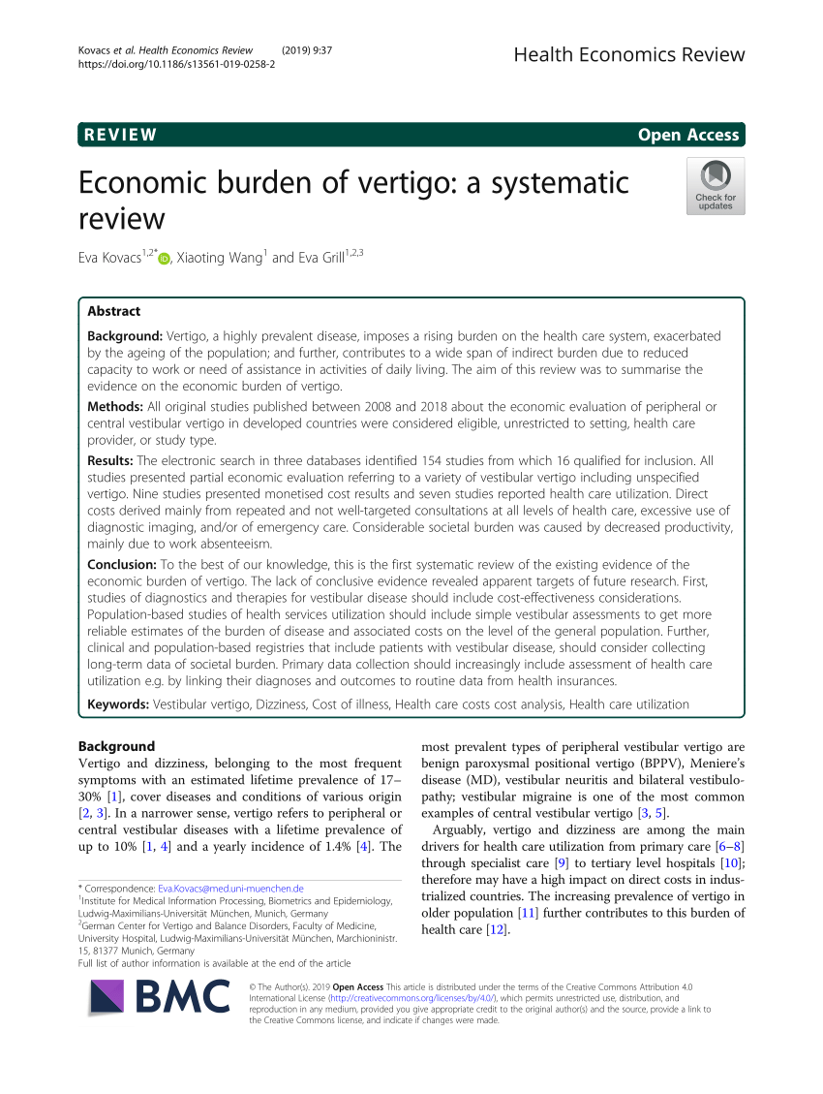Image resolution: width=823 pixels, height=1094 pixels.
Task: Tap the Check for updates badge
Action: [x=716, y=186]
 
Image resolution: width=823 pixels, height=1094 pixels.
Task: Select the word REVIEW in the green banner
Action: [x=120, y=135]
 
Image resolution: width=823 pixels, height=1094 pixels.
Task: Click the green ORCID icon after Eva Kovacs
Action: [x=164, y=259]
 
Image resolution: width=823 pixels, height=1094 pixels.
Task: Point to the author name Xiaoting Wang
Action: [x=220, y=258]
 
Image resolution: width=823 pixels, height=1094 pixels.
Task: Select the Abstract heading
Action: [x=113, y=311]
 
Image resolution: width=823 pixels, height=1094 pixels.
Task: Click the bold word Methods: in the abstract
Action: [x=116, y=406]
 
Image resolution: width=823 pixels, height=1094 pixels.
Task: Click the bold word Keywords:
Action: [x=118, y=704]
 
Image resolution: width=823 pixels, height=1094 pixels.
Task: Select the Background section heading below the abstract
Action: [x=115, y=746]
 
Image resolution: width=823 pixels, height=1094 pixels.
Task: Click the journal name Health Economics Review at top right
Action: [x=629, y=54]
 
